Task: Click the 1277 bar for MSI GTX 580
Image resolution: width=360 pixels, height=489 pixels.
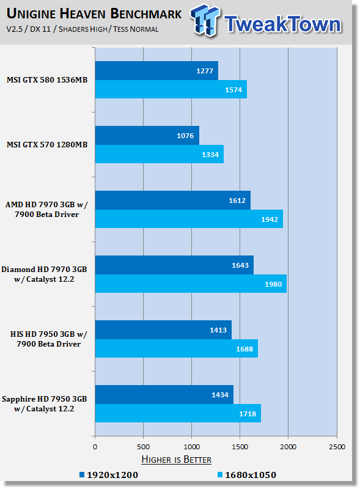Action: [x=156, y=70]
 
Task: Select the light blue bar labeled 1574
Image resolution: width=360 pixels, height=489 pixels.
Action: [x=171, y=89]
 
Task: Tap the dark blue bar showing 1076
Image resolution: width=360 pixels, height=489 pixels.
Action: [x=147, y=135]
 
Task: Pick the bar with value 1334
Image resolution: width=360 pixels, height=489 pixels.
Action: [x=160, y=154]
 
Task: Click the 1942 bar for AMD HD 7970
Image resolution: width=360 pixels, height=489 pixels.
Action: [x=189, y=219]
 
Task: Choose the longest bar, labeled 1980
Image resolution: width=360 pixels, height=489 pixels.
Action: [x=191, y=284]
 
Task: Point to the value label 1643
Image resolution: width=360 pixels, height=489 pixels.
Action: [x=240, y=265]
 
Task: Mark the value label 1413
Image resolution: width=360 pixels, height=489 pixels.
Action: [x=218, y=330]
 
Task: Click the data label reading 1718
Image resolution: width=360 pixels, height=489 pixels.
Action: [x=248, y=414]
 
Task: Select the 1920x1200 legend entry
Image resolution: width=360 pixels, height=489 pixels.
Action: [x=109, y=475]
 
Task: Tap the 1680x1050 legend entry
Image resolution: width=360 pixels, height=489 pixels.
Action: [x=247, y=475]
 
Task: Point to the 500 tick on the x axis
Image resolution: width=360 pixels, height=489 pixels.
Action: [x=143, y=447]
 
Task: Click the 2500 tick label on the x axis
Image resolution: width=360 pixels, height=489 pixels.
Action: [x=337, y=447]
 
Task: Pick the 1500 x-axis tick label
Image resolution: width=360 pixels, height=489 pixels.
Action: [x=240, y=447]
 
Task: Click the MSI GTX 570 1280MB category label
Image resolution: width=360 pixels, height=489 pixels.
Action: [x=47, y=145]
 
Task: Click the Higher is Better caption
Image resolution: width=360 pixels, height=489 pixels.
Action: [x=176, y=460]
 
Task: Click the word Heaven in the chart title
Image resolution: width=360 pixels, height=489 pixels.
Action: [x=83, y=13]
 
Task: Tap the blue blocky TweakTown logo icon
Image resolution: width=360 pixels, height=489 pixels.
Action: [x=205, y=20]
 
